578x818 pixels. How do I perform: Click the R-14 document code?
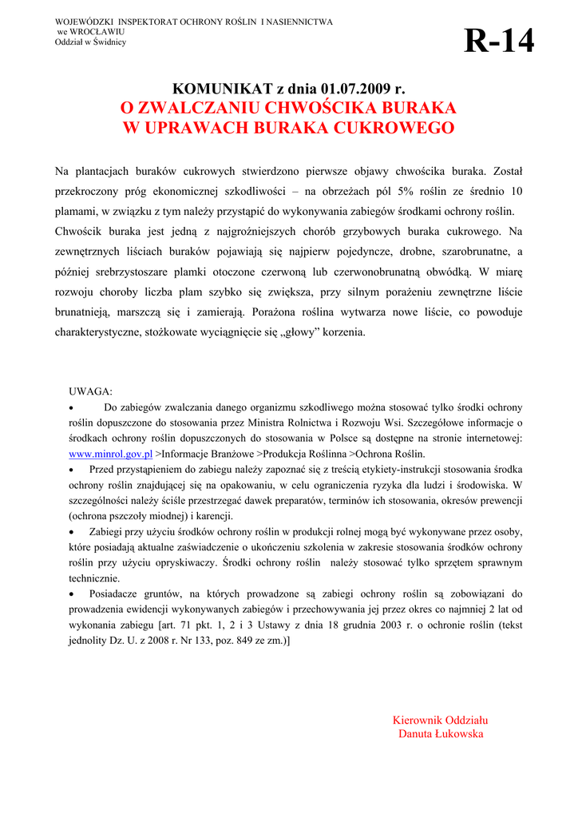click(499, 41)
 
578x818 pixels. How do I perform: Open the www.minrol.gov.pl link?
click(111, 454)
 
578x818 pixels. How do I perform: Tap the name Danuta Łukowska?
click(441, 734)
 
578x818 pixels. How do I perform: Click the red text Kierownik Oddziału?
click(441, 720)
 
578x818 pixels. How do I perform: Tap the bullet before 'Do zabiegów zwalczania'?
click(73, 407)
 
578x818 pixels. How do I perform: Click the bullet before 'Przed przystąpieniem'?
click(73, 470)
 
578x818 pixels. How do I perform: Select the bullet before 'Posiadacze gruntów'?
click(73, 594)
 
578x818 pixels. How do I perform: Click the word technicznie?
click(94, 578)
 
